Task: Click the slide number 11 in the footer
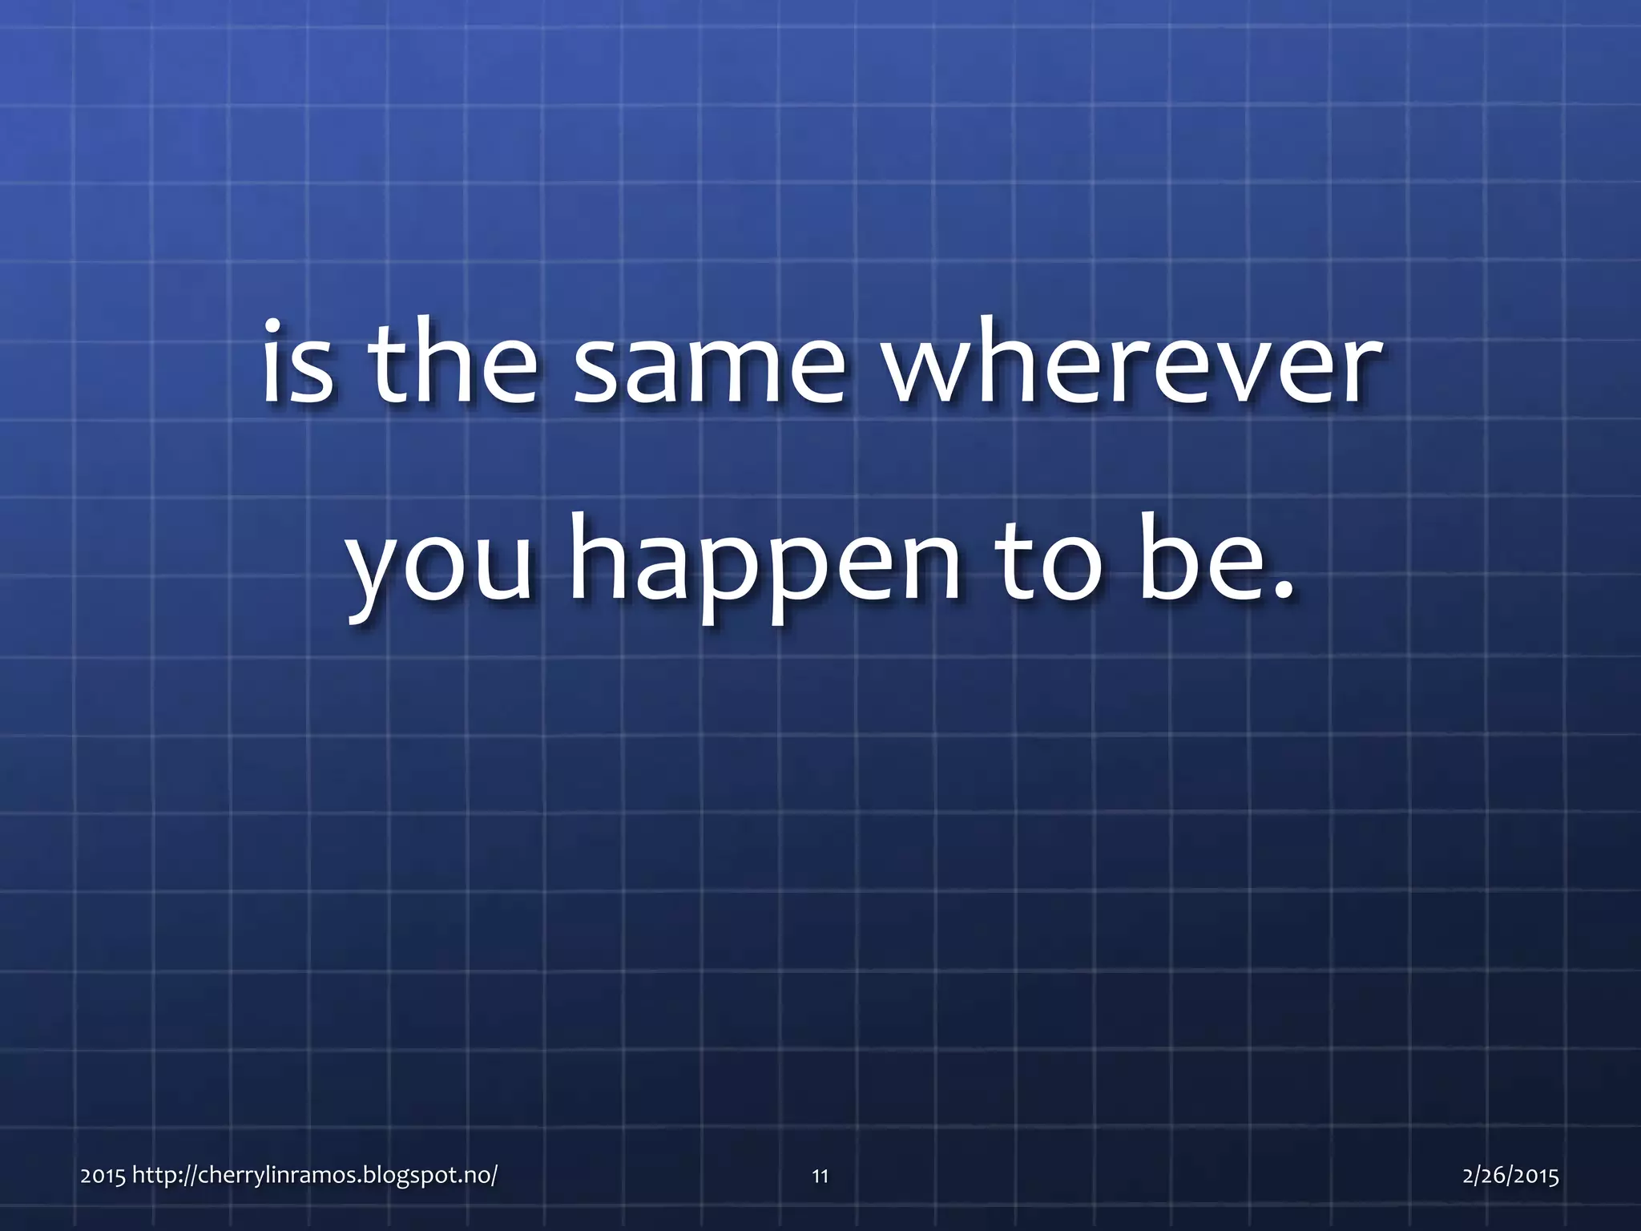[820, 1177]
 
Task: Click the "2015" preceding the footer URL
[103, 1177]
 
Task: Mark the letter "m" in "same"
[726, 370]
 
